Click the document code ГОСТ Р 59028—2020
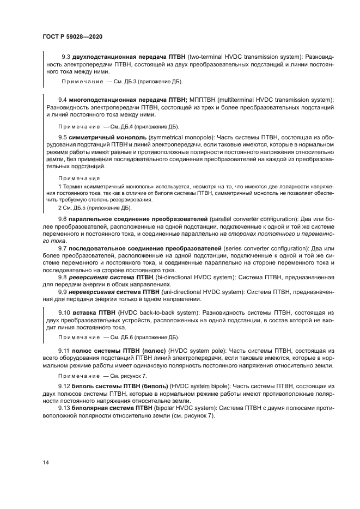72,36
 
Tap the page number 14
45,463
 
